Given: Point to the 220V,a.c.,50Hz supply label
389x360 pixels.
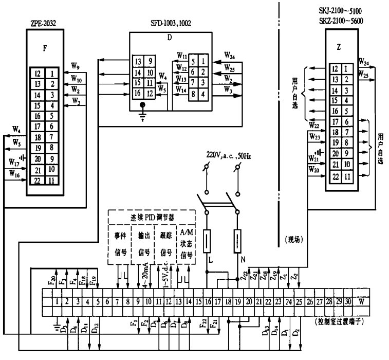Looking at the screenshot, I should tap(229, 155).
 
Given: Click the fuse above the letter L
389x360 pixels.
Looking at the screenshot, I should tap(208, 240).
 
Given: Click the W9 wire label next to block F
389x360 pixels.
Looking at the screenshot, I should tap(76, 66).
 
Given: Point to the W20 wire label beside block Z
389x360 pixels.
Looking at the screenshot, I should tap(313, 168).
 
